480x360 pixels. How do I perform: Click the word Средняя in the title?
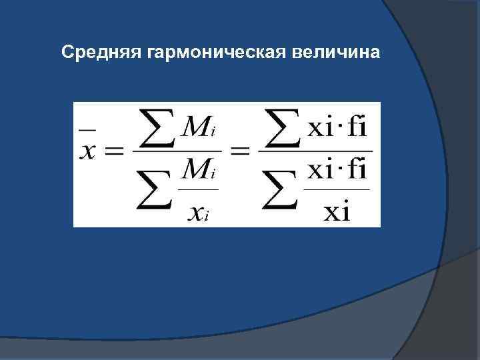98,52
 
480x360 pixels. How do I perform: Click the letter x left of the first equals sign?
90,152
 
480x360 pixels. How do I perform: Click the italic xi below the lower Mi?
196,211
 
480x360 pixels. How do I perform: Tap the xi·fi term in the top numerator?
337,127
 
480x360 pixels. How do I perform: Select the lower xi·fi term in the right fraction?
337,172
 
